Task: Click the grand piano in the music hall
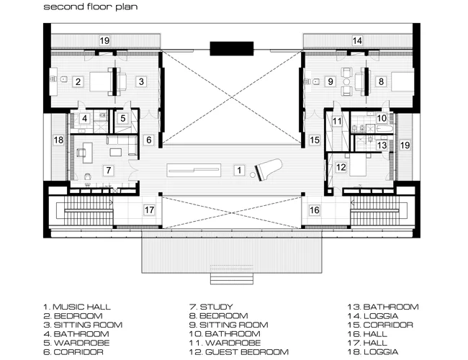tap(269, 169)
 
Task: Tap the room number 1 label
tap(239, 170)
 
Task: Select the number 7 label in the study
tap(108, 170)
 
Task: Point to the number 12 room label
tap(341, 167)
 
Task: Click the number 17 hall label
tap(149, 210)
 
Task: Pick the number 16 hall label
tap(315, 210)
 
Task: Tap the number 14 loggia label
tap(357, 40)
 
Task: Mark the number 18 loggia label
tap(58, 140)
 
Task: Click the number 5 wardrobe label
tap(123, 118)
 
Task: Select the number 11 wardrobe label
tap(337, 121)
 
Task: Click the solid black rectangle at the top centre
tap(232, 49)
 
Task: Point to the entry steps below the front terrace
tap(232, 279)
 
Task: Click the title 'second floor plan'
tap(91, 6)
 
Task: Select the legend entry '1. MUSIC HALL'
tap(77, 307)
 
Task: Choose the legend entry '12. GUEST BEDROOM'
tap(239, 352)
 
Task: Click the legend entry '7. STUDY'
tap(211, 307)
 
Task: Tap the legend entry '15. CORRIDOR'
tap(380, 325)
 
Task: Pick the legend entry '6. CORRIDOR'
tap(73, 352)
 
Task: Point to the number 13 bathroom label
tap(382, 145)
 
